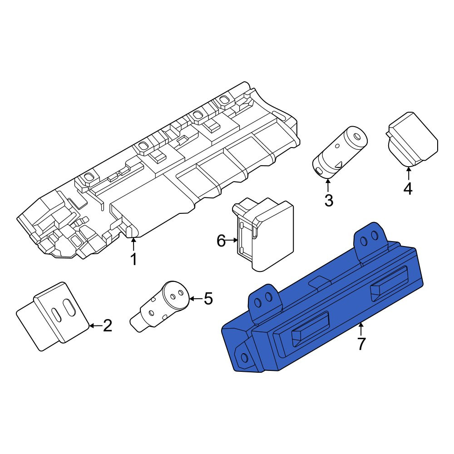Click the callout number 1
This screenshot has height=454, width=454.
tap(133, 259)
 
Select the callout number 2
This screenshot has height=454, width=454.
tap(108, 326)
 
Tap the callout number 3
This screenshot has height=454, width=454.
tap(329, 200)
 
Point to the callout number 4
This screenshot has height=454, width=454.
tap(408, 189)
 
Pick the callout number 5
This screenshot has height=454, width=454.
tap(208, 299)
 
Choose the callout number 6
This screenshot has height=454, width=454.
tap(221, 241)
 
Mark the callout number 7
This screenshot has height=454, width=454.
tap(361, 344)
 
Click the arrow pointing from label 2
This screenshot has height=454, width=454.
tap(96, 326)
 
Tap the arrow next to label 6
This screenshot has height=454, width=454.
tap(232, 240)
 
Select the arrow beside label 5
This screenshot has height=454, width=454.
tap(196, 298)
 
